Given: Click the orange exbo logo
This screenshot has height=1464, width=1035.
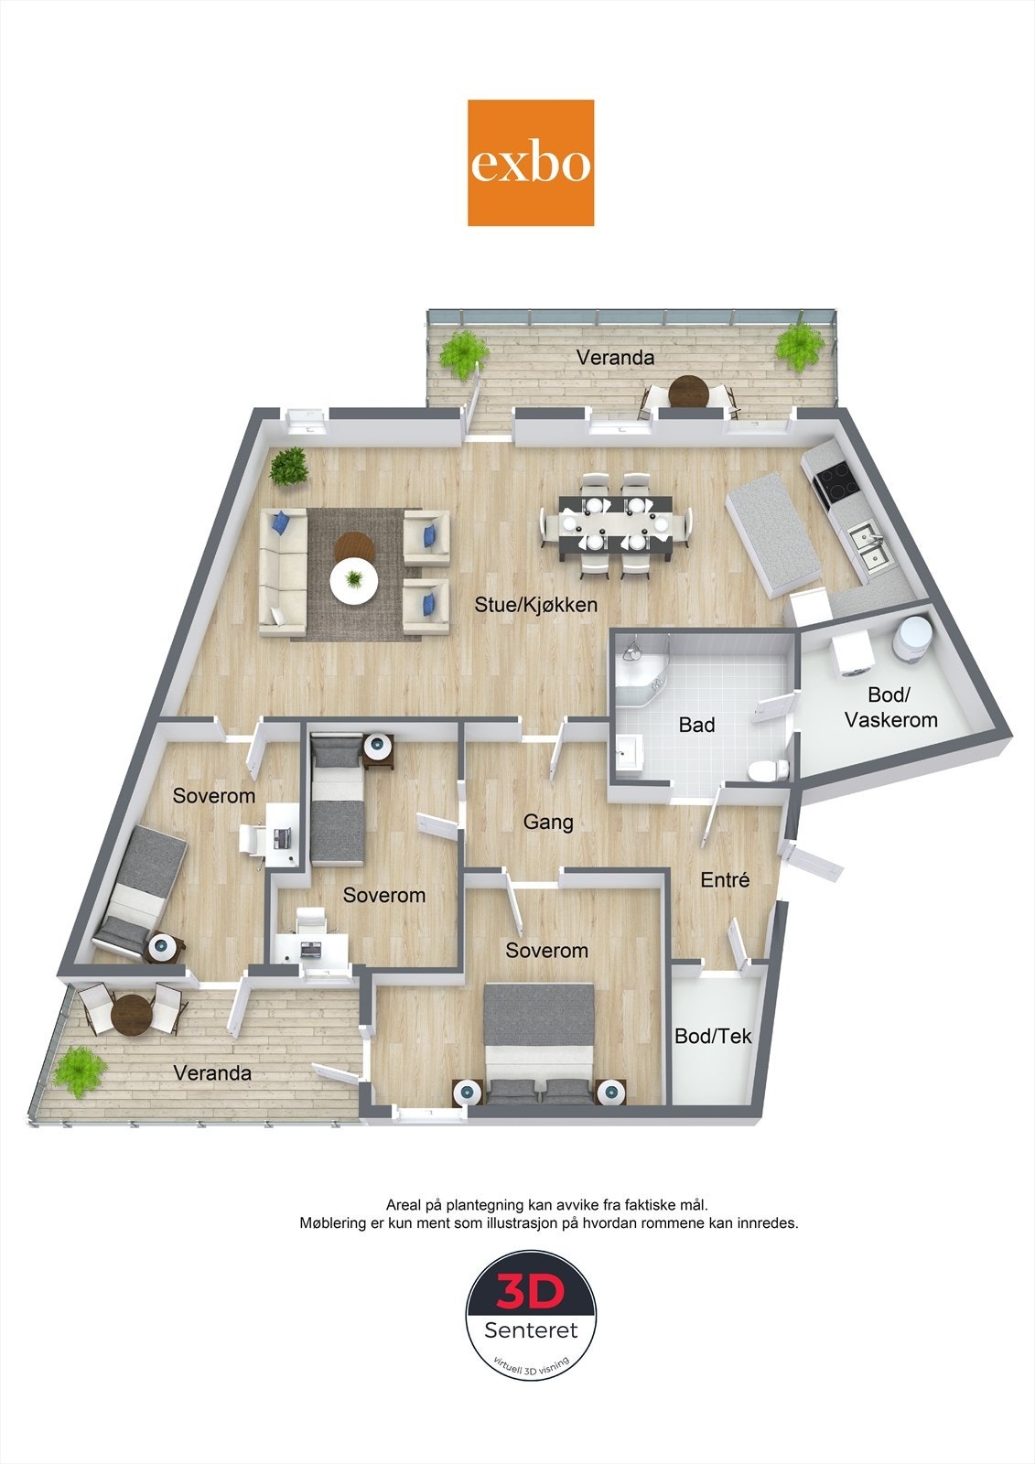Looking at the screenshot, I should click(531, 163).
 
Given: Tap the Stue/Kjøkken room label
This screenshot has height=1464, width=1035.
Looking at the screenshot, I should click(535, 605).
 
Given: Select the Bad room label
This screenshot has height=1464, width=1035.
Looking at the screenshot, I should click(696, 726).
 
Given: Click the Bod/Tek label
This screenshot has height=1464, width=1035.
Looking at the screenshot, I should click(713, 1036).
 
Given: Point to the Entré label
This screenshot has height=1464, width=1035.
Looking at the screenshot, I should click(725, 880).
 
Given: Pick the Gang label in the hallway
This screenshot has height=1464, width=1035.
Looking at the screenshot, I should click(548, 822).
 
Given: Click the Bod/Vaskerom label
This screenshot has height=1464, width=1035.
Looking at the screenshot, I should click(890, 708).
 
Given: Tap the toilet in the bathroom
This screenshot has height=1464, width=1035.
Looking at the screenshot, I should click(765, 771).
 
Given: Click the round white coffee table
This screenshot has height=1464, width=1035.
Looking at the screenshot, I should click(353, 581).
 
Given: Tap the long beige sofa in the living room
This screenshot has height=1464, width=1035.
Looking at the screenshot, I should click(283, 573).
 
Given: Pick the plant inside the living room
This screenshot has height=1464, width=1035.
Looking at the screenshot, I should click(290, 466).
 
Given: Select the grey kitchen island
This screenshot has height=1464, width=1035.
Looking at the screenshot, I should click(773, 533).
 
